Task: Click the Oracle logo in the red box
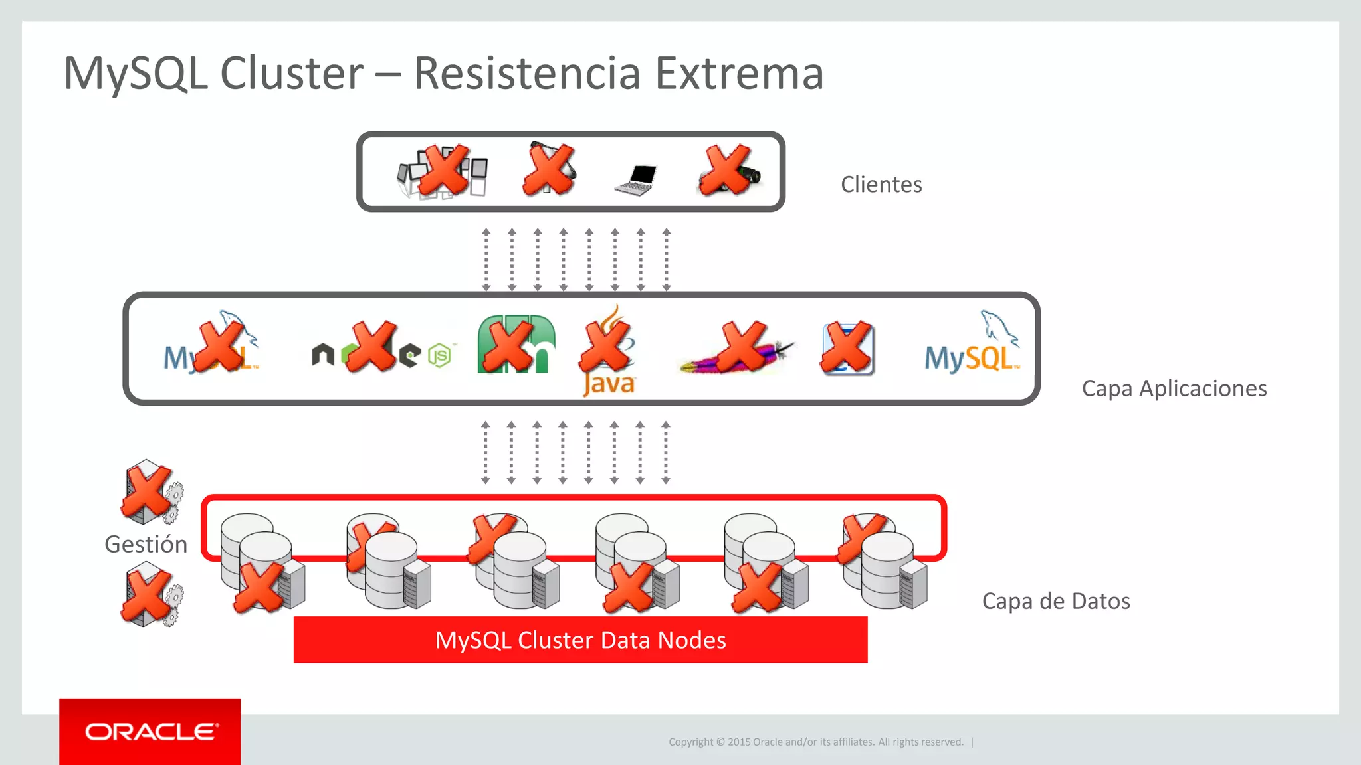150,732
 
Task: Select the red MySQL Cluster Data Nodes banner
580,639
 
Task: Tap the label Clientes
881,184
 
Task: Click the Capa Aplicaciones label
1174,388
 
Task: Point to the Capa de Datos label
1055,601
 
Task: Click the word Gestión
146,544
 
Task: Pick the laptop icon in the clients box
637,179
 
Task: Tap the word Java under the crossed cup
609,384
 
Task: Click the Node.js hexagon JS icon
439,356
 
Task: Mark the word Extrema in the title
739,73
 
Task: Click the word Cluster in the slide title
292,73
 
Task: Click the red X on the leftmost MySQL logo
220,346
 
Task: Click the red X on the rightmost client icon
726,170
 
